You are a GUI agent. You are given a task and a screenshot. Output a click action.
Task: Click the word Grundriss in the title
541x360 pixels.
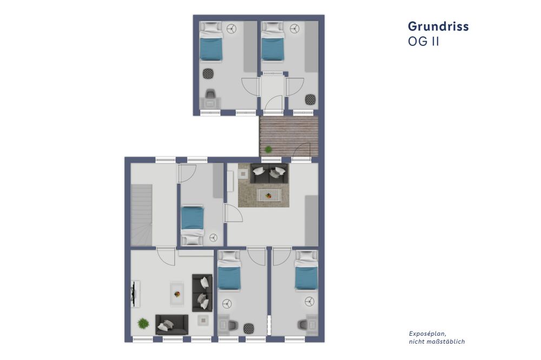pyautogui.click(x=438, y=26)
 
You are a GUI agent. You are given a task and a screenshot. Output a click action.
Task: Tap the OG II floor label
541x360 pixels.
pyautogui.click(x=423, y=42)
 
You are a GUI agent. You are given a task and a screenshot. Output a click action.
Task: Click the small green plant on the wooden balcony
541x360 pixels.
pyautogui.click(x=268, y=149)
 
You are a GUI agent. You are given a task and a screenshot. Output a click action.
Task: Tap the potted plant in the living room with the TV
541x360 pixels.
pyautogui.click(x=143, y=323)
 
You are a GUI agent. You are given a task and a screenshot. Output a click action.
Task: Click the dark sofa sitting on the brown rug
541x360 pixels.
pyautogui.click(x=269, y=172)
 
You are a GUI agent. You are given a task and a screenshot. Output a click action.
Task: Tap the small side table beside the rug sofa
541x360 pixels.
pyautogui.click(x=242, y=174)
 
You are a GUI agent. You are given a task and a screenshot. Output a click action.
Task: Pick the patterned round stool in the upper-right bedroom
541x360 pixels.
pyautogui.click(x=310, y=100)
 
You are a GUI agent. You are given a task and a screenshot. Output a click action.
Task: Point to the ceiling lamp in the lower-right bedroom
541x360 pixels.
pyautogui.click(x=310, y=301)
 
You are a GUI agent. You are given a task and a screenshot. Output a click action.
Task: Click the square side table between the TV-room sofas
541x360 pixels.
pyautogui.click(x=204, y=319)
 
